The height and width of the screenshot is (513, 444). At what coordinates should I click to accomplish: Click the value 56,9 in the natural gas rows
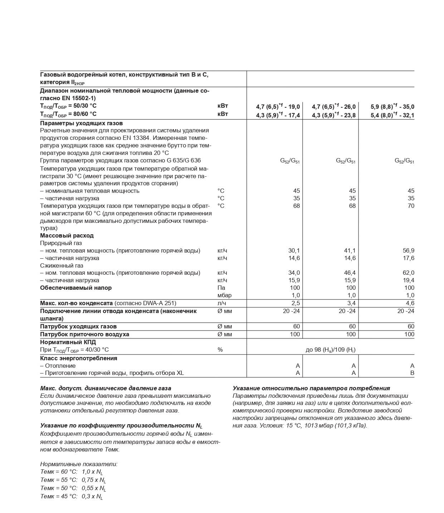(x=408, y=250)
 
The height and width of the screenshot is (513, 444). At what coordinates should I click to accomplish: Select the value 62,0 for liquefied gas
(x=408, y=273)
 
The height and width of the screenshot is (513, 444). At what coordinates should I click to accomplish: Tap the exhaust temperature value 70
(x=411, y=206)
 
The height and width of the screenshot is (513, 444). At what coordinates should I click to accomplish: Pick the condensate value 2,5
(x=296, y=303)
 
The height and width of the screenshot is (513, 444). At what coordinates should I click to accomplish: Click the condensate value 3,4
(x=351, y=303)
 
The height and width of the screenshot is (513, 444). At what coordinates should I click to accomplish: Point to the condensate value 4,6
(x=410, y=303)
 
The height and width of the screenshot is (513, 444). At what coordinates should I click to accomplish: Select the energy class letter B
(x=412, y=373)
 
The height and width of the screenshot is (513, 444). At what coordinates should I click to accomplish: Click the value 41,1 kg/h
(x=350, y=250)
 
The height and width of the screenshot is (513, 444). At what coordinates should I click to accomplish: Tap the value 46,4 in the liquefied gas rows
(x=350, y=273)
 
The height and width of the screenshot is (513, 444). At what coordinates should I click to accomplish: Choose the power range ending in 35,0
(x=392, y=107)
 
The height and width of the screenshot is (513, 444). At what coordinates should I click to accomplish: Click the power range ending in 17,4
(x=278, y=115)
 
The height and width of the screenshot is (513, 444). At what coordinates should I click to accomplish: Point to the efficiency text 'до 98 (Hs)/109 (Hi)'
(x=330, y=350)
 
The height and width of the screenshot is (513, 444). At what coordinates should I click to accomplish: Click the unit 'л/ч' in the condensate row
(x=222, y=303)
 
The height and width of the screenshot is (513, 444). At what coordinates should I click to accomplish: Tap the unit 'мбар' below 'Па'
(x=224, y=295)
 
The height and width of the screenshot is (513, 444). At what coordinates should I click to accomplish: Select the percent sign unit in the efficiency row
(x=220, y=350)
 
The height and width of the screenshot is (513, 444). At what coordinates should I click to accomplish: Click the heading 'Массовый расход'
(x=67, y=235)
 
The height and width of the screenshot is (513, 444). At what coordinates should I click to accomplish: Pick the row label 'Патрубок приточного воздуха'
(x=84, y=334)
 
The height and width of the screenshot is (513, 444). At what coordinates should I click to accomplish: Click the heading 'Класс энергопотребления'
(x=79, y=358)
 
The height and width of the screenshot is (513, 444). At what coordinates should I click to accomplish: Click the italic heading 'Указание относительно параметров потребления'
(x=311, y=388)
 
